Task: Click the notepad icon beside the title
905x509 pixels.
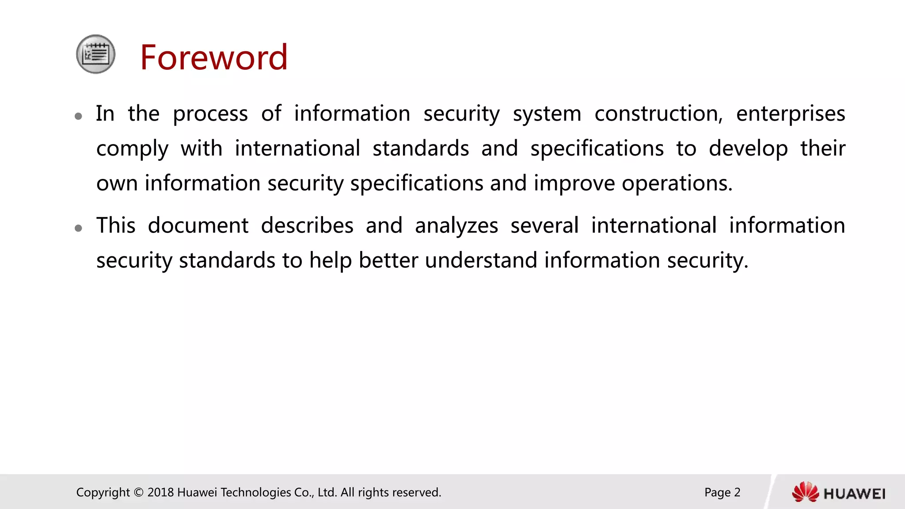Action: coord(95,54)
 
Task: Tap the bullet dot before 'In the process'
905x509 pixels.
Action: coord(79,116)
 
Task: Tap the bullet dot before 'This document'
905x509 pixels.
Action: coord(79,228)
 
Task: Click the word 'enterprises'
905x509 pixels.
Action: coord(791,114)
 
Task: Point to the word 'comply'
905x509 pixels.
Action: coord(132,149)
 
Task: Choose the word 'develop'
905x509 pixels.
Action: coord(748,149)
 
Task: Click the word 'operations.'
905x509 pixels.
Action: coord(677,184)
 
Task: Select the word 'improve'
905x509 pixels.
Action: coord(574,184)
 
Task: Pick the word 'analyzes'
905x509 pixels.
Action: coord(456,226)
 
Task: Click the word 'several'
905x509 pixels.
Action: coord(544,225)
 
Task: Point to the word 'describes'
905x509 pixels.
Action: coord(307,225)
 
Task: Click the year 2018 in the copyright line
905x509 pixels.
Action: coord(160,492)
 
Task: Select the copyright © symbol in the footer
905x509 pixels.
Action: coord(138,492)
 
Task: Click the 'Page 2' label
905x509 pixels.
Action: coord(722,492)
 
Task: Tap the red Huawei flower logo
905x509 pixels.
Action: coord(805,492)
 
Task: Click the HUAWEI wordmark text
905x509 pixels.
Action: coord(854,494)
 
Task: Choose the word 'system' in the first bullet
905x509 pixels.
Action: coord(547,114)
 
